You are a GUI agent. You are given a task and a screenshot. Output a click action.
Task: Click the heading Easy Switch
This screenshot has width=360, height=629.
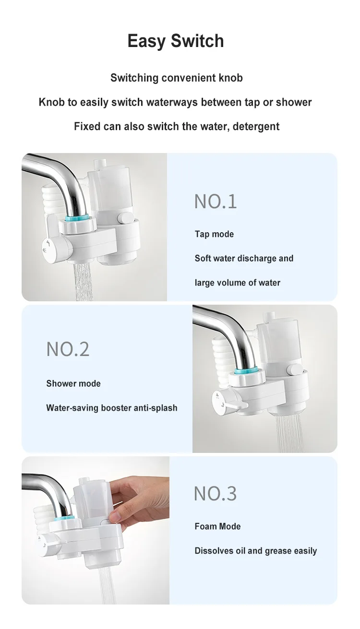176,41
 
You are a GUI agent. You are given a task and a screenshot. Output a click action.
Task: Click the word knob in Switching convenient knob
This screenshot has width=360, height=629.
230,78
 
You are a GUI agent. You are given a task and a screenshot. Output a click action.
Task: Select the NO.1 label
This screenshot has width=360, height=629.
216,202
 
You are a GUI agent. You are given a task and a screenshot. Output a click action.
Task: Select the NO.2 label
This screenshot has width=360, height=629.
68,349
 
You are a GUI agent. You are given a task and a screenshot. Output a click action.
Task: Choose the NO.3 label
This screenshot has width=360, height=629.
215,493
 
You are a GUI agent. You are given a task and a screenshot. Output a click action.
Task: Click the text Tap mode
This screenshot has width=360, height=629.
214,234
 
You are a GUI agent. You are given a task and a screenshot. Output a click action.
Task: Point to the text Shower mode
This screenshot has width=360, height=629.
73,383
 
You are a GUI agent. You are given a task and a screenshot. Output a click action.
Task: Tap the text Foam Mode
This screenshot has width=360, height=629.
217,526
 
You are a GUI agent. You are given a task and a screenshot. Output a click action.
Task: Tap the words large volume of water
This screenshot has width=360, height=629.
237,283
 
